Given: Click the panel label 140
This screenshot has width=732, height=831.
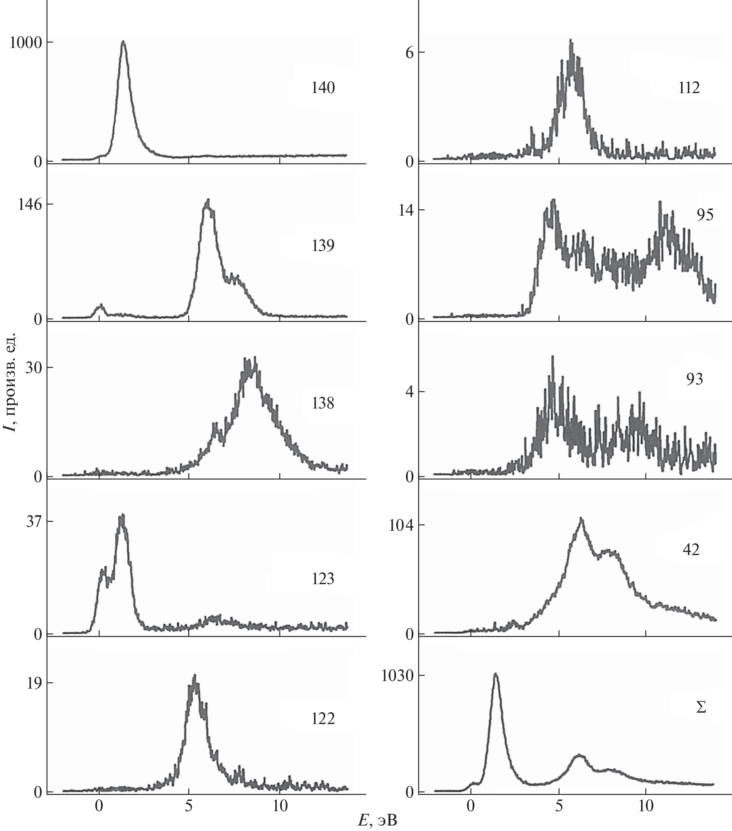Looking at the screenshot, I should pyautogui.click(x=323, y=88).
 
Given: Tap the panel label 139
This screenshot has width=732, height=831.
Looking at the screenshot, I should pyautogui.click(x=323, y=246).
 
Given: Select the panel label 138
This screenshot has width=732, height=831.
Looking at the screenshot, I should pyautogui.click(x=323, y=403).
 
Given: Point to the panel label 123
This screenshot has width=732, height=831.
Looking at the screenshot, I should pyautogui.click(x=323, y=579).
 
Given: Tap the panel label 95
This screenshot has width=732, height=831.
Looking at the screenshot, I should pyautogui.click(x=705, y=215).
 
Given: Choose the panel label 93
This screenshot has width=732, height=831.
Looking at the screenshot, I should pyautogui.click(x=694, y=379).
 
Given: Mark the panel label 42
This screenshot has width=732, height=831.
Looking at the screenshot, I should pyautogui.click(x=691, y=550).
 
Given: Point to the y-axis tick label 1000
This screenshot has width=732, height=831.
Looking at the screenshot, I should pyautogui.click(x=27, y=43).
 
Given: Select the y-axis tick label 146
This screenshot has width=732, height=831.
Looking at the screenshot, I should pyautogui.click(x=31, y=205).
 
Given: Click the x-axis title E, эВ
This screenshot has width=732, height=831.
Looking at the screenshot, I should pyautogui.click(x=378, y=819).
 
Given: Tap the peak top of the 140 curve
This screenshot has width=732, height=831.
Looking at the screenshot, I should pyautogui.click(x=123, y=41).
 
